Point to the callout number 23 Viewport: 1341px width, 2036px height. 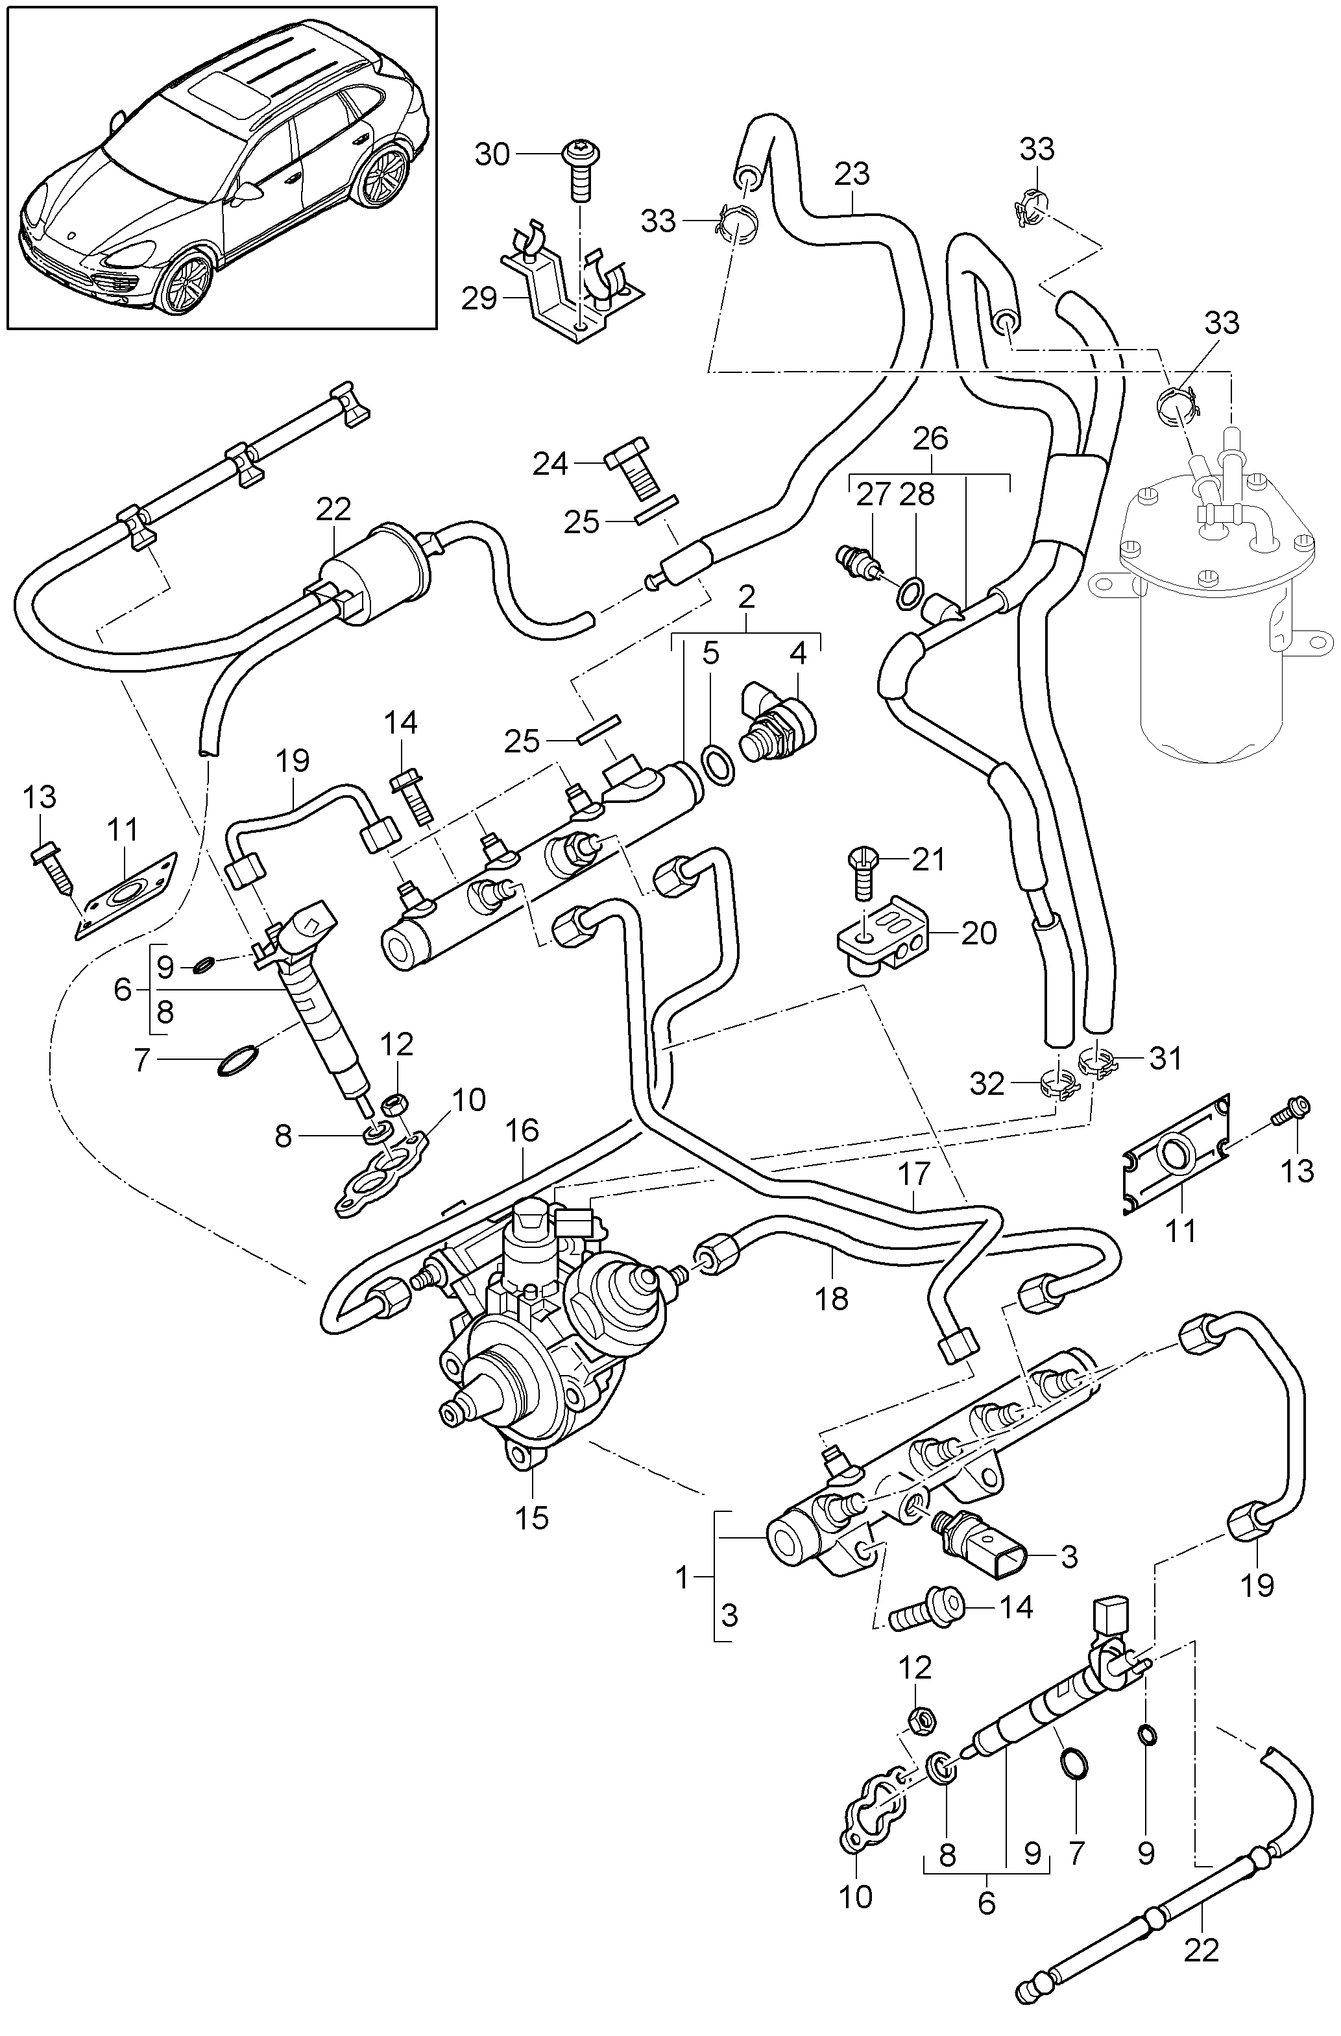point(852,174)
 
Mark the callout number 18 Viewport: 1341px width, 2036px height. point(831,1299)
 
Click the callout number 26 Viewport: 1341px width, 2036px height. point(930,439)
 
